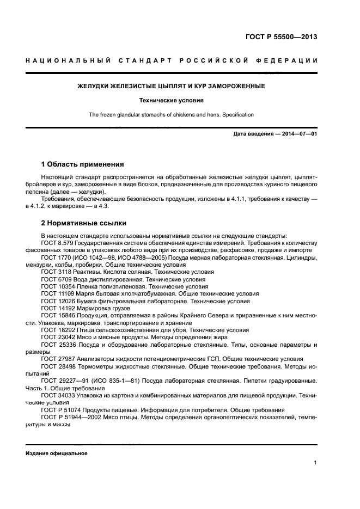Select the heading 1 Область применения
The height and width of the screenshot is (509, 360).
pyautogui.click(x=83, y=164)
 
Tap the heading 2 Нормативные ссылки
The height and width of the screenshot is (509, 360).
pyautogui.click(x=84, y=223)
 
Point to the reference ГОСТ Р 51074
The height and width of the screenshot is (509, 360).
pyautogui.click(x=63, y=410)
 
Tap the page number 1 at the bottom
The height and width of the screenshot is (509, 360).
pyautogui.click(x=315, y=463)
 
